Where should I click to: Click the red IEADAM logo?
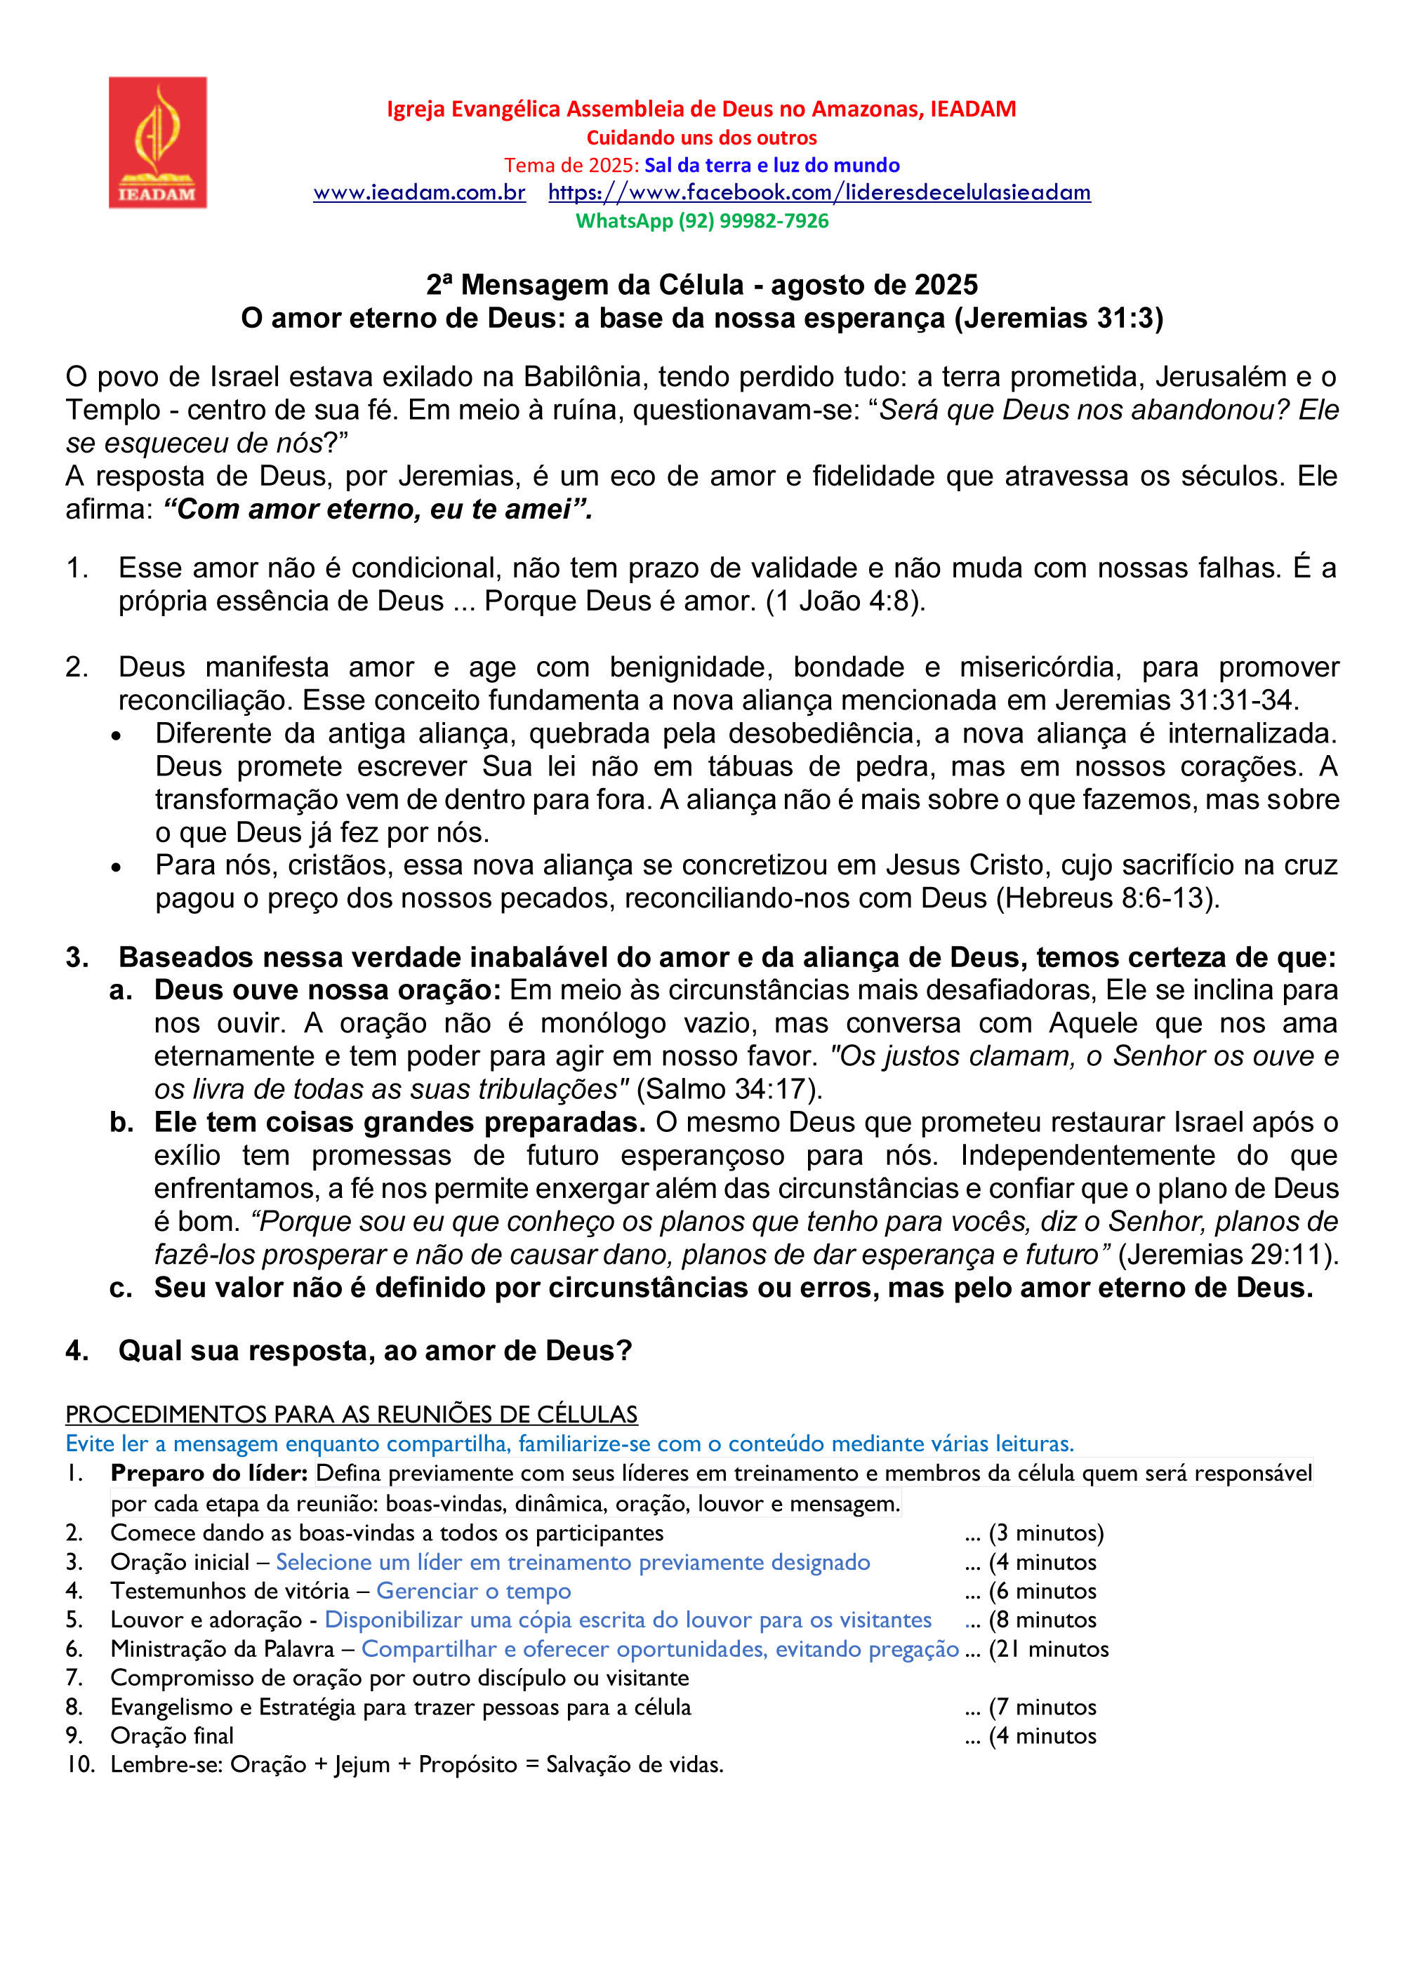[157, 142]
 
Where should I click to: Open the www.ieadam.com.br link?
[420, 192]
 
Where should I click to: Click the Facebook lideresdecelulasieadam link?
[819, 192]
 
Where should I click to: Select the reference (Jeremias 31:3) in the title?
[1059, 319]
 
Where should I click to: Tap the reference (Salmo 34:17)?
[729, 1089]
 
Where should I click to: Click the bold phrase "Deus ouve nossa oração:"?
[327, 989]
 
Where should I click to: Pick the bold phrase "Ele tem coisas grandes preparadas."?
[399, 1122]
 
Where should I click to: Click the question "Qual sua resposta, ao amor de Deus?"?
[375, 1350]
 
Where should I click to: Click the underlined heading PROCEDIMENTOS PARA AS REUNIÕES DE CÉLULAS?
[351, 1414]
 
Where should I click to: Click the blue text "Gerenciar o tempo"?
[473, 1591]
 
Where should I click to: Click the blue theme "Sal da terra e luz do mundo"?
[771, 165]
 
